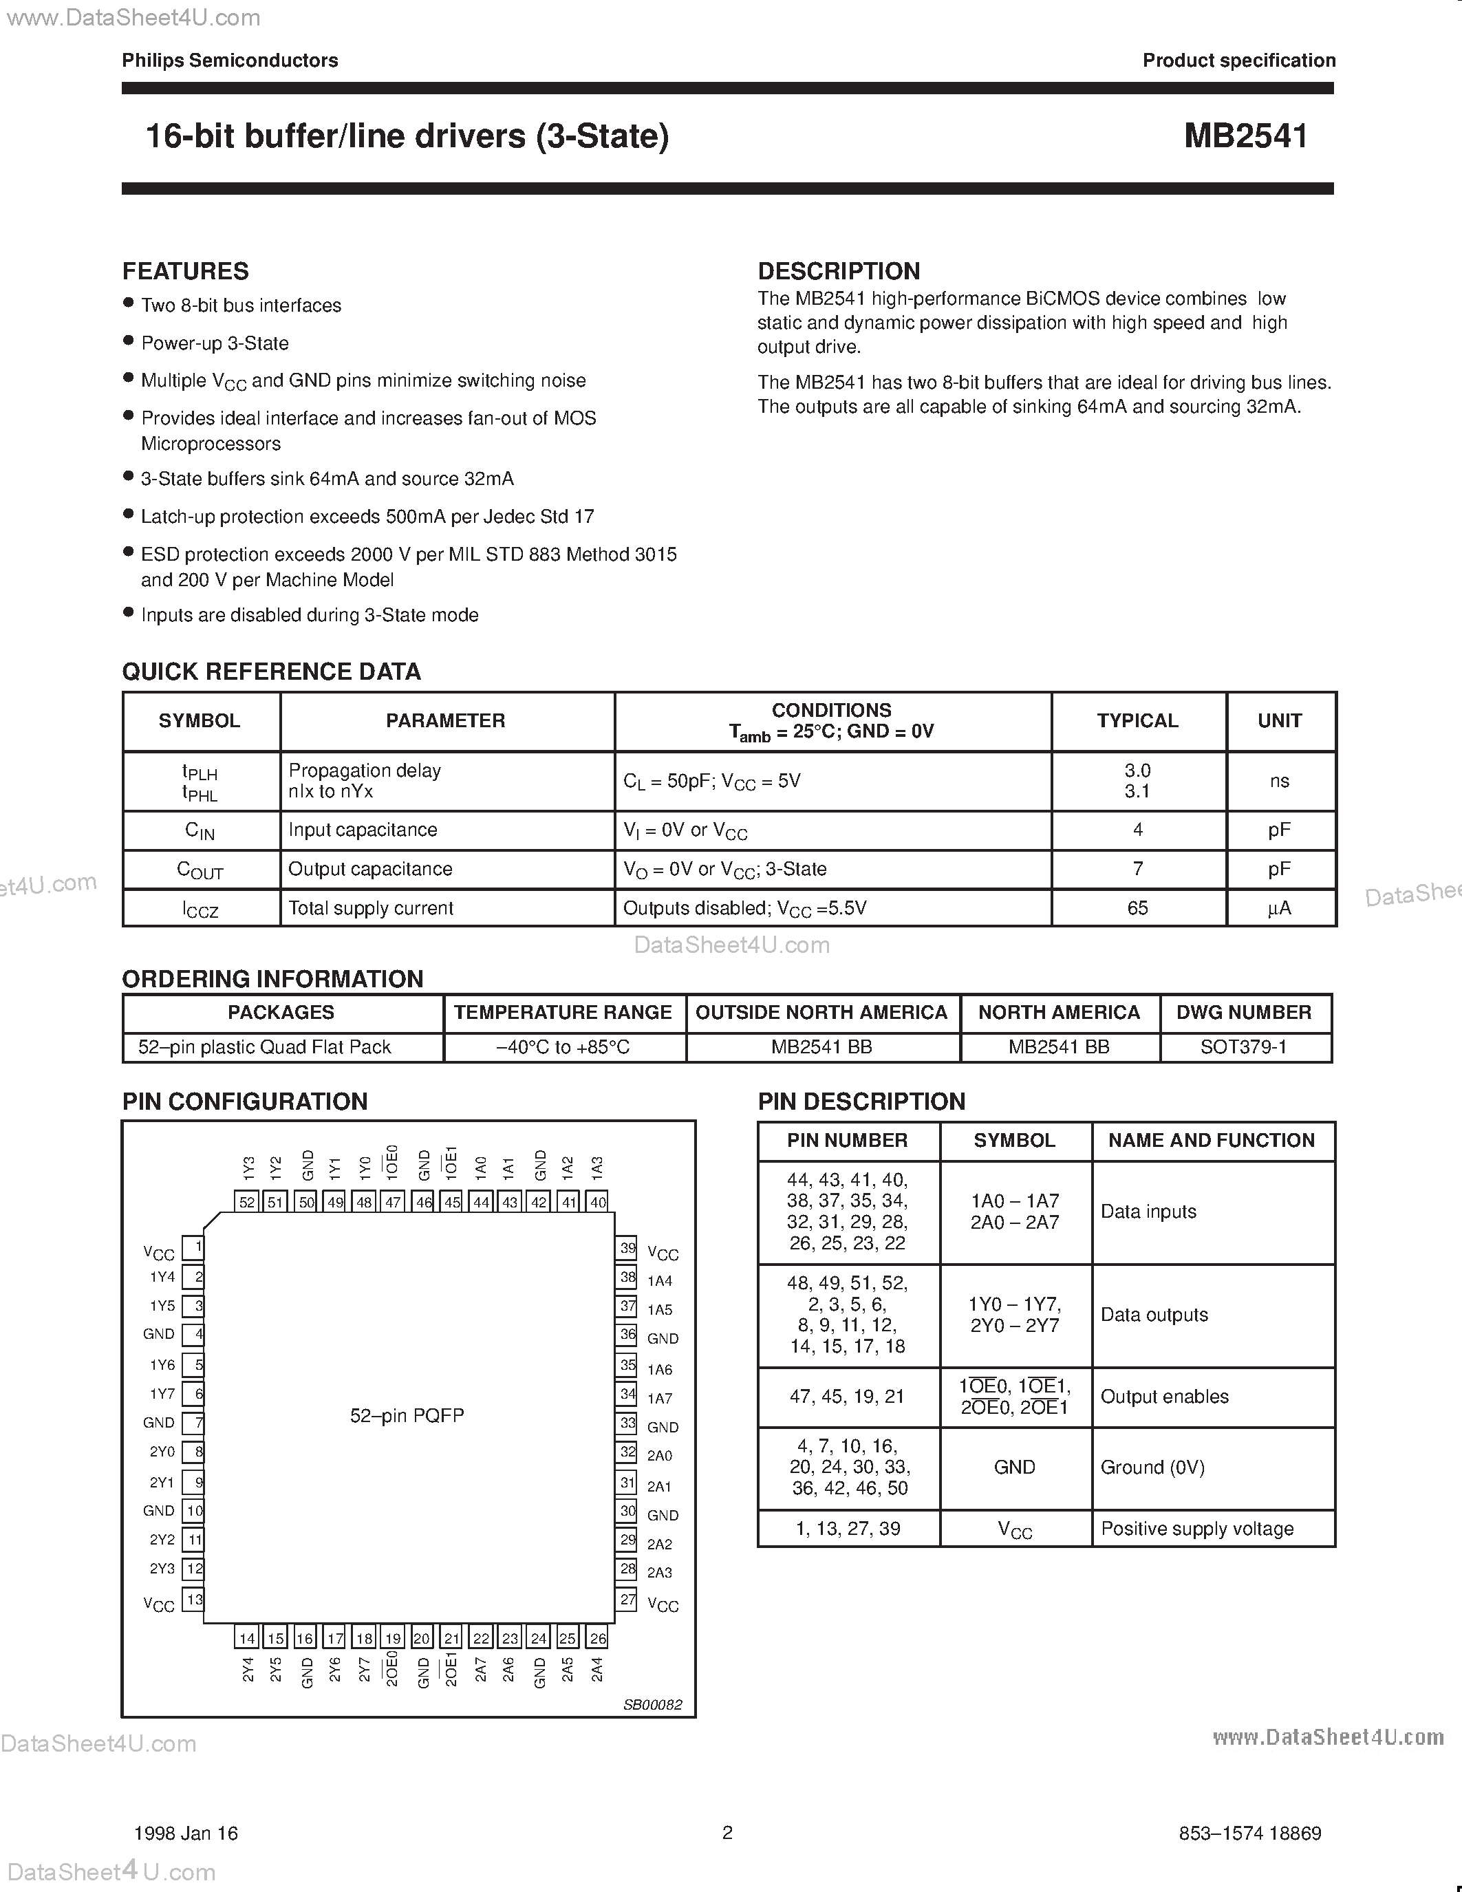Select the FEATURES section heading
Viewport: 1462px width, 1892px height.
185,271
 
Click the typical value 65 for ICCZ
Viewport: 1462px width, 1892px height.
1137,908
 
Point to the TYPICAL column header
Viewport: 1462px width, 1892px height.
1137,721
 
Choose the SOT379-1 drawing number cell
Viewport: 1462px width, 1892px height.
1244,1047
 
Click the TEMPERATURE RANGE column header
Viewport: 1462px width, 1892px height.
563,1013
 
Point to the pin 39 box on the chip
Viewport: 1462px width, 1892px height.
627,1248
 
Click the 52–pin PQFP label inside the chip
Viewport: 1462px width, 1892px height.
407,1415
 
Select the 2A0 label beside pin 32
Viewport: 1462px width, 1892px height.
660,1455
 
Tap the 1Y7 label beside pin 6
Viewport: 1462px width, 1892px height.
162,1394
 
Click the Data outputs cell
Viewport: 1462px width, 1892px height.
1154,1315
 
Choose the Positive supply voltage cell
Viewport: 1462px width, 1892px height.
1197,1529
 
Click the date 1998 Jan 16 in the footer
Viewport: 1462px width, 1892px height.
186,1833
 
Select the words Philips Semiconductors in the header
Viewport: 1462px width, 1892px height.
230,61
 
